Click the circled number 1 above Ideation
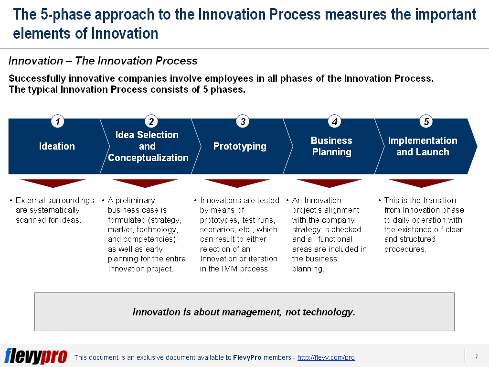[x=57, y=122]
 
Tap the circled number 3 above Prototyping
[x=243, y=122]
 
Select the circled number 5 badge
[x=426, y=122]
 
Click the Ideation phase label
[x=57, y=146]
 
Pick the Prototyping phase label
[x=240, y=146]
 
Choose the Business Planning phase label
[x=331, y=146]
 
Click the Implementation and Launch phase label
[x=423, y=146]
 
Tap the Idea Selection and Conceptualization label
[x=148, y=146]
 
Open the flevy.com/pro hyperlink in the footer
[x=326, y=357]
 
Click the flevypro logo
[x=36, y=356]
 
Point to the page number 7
[x=476, y=356]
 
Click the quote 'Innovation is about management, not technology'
[x=244, y=312]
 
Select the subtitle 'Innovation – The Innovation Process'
[x=103, y=61]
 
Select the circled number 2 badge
[x=151, y=122]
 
